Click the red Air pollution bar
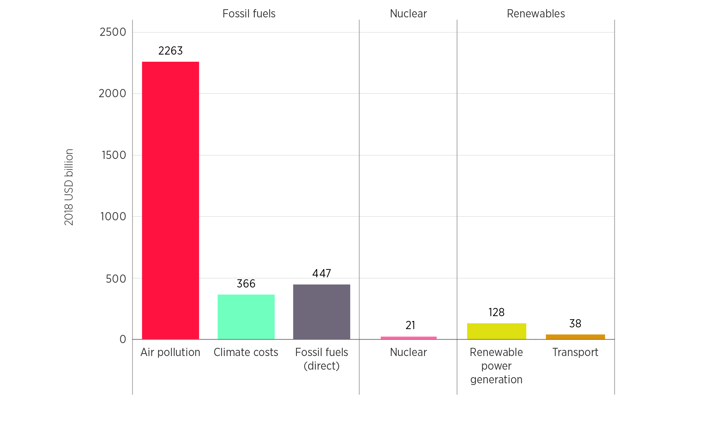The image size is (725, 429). [171, 201]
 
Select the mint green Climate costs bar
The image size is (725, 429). [246, 317]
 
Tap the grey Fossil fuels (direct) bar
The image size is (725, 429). [322, 312]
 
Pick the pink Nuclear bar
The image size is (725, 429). [409, 338]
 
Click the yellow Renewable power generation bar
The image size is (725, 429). [497, 331]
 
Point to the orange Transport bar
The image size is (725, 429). [575, 337]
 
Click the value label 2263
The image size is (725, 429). [171, 51]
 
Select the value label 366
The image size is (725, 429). [246, 284]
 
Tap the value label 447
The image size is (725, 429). [322, 273]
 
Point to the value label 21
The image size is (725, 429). [410, 325]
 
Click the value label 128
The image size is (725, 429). [497, 312]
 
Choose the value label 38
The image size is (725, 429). [575, 324]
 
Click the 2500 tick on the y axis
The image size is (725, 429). [113, 32]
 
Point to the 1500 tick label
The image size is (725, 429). [114, 155]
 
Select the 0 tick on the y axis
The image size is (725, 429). [123, 339]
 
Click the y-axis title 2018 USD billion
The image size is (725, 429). [69, 187]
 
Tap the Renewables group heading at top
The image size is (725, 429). [536, 14]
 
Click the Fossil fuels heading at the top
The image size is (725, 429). [249, 14]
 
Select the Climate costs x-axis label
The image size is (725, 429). [246, 352]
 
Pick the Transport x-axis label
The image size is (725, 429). [575, 352]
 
